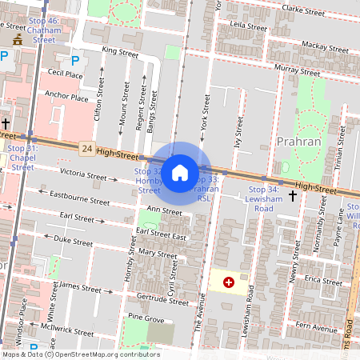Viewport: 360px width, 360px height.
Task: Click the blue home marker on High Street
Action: click(x=180, y=173)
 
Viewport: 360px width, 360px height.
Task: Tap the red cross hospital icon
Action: click(x=230, y=282)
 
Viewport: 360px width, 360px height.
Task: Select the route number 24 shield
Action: click(x=86, y=149)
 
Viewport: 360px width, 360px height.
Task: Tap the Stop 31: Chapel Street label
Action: click(x=22, y=158)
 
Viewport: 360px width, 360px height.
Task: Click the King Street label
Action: click(x=121, y=53)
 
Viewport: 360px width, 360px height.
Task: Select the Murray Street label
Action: click(x=297, y=70)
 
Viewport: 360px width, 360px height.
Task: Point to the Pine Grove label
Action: click(x=146, y=319)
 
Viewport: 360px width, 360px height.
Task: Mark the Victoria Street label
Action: click(x=83, y=175)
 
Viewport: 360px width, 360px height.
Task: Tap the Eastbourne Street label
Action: click(x=79, y=198)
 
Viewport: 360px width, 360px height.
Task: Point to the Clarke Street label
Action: click(x=302, y=11)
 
